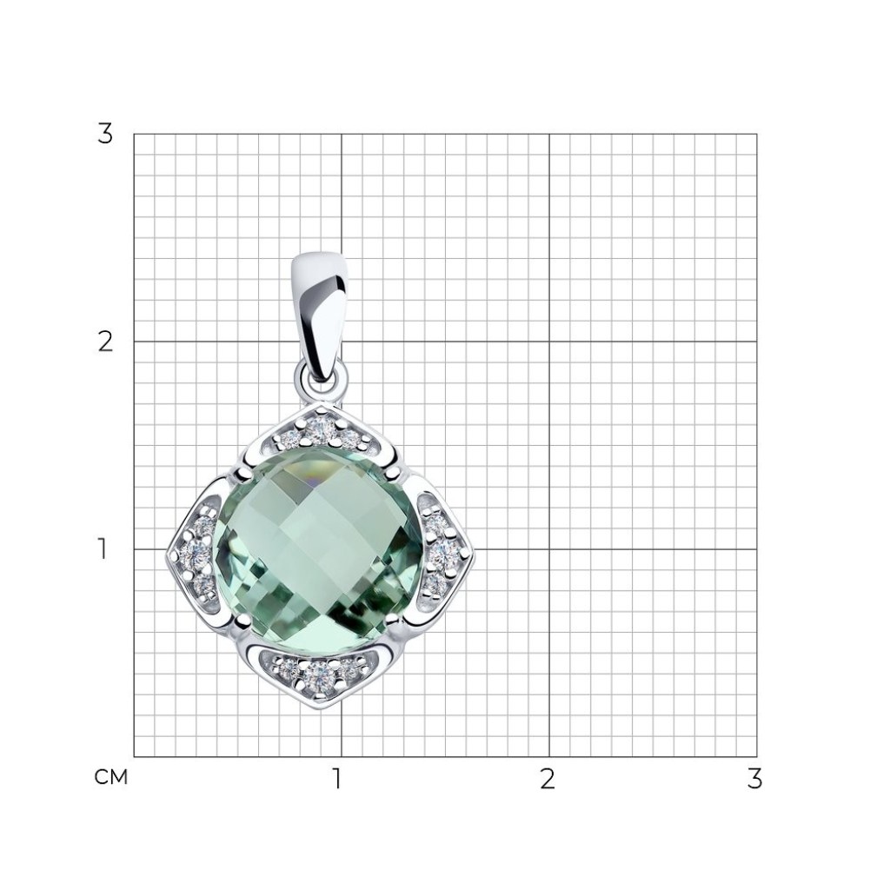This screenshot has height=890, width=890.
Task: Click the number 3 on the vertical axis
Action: click(105, 135)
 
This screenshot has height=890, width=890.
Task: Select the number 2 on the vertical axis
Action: click(105, 342)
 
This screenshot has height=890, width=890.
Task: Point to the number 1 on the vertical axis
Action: click(103, 549)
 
